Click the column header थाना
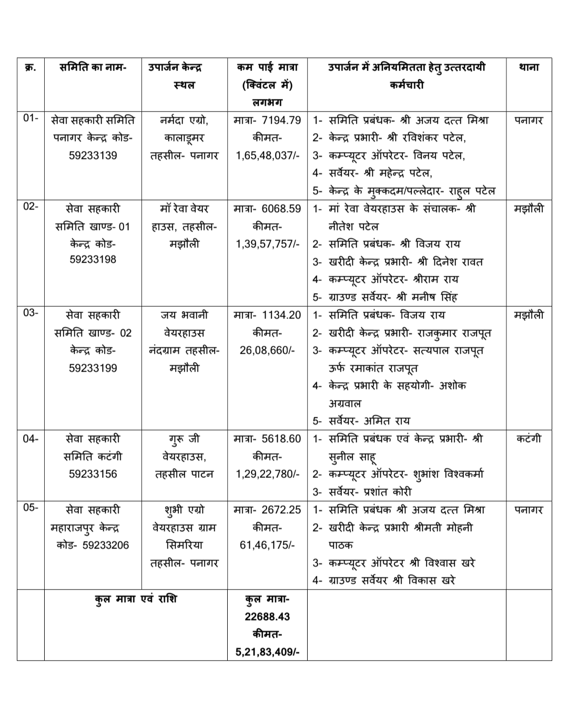click(529, 67)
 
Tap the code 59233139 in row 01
click(93, 155)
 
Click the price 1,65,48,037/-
click(268, 155)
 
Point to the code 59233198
click(93, 259)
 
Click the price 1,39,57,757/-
click(268, 244)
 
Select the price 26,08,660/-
click(268, 350)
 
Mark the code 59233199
click(93, 368)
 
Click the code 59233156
click(93, 474)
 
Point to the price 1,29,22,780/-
click(268, 474)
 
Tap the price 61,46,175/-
click(268, 545)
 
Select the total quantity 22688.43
click(267, 616)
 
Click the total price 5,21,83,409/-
click(267, 652)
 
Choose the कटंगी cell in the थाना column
click(529, 439)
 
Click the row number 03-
click(31, 313)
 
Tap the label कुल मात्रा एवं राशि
click(136, 599)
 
